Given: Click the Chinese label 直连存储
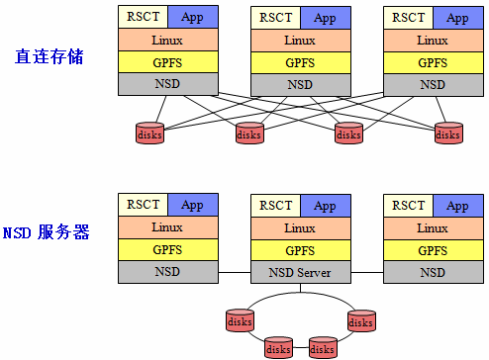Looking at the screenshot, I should [x=49, y=56].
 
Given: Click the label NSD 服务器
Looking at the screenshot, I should [x=47, y=232].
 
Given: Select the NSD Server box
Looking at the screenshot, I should [x=300, y=272].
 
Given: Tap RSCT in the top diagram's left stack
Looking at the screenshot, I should [x=142, y=17].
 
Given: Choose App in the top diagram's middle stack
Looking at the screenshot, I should [x=325, y=17].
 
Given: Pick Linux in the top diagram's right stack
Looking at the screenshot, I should [x=433, y=41].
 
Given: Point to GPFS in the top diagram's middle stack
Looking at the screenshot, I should [x=300, y=62].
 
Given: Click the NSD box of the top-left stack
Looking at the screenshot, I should [x=167, y=84].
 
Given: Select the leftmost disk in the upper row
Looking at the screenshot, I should [x=150, y=133].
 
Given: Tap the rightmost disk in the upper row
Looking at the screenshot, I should [x=447, y=133].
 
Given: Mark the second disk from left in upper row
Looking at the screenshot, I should [x=249, y=133].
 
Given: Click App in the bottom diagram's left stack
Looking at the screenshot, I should [x=192, y=206].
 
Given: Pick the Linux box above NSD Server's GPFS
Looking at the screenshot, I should [x=300, y=228].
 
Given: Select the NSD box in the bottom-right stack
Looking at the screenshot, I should [x=433, y=272].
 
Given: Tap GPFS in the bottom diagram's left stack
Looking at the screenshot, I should [x=167, y=250].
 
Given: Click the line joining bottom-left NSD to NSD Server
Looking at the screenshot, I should [x=234, y=272].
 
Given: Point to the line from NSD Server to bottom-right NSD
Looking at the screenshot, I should [x=366, y=272].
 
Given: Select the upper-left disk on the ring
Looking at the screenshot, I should [x=240, y=320].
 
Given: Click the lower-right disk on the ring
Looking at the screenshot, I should [x=324, y=347].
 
